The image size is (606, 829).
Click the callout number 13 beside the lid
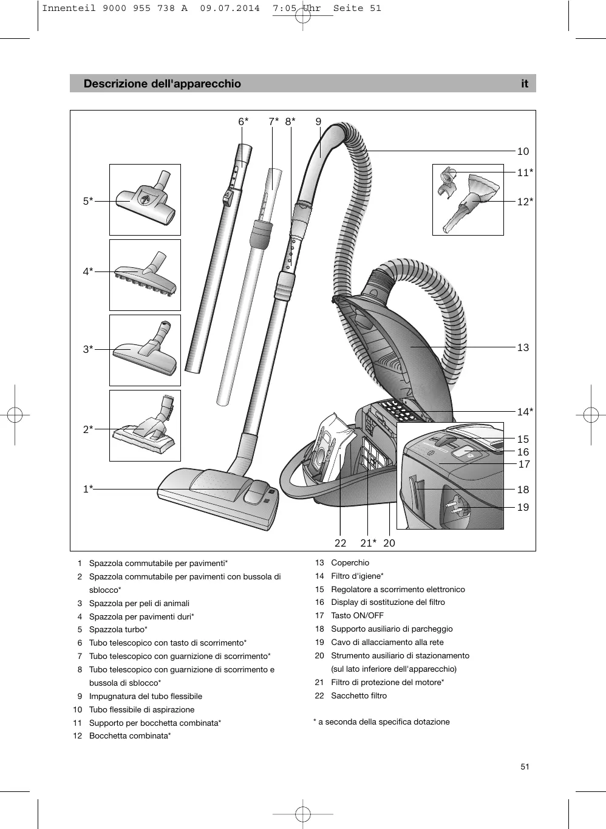tap(523, 347)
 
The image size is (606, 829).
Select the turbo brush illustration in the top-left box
tap(146, 200)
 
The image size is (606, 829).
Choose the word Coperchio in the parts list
tap(350, 563)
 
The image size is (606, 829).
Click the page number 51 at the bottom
tap(525, 766)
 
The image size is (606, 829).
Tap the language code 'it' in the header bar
tap(525, 84)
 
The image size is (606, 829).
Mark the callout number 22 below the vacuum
tap(340, 543)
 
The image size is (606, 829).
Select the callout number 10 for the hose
tap(523, 151)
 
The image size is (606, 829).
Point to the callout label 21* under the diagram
tap(368, 543)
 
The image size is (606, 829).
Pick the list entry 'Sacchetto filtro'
tap(358, 696)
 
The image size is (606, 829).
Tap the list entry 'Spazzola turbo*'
tap(118, 630)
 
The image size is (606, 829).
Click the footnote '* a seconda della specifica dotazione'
tap(381, 722)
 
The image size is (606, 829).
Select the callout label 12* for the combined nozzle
tap(525, 201)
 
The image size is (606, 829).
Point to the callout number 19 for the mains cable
tap(523, 507)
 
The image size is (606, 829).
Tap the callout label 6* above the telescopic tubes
tap(243, 121)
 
